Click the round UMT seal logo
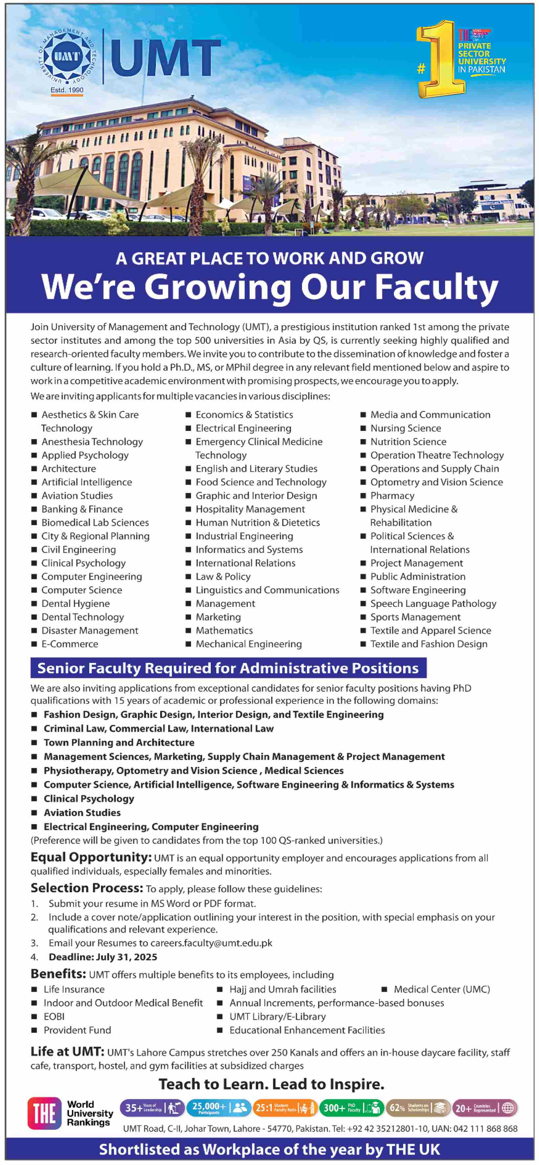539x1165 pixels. click(x=67, y=56)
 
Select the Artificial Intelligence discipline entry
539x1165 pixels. click(x=86, y=482)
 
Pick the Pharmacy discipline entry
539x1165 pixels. click(x=392, y=496)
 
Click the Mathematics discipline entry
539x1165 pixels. click(x=224, y=630)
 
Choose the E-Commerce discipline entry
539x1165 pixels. click(x=70, y=644)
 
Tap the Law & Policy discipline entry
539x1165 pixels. click(x=223, y=577)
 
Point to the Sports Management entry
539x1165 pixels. click(x=415, y=617)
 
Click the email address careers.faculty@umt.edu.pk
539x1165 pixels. click(x=211, y=943)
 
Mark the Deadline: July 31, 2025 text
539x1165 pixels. click(x=103, y=957)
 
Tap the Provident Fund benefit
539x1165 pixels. click(x=77, y=1030)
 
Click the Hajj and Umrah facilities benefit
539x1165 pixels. click(x=282, y=989)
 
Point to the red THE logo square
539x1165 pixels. click(x=44, y=1113)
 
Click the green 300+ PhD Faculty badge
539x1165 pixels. click(x=351, y=1108)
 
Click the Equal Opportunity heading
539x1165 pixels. click(x=91, y=858)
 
